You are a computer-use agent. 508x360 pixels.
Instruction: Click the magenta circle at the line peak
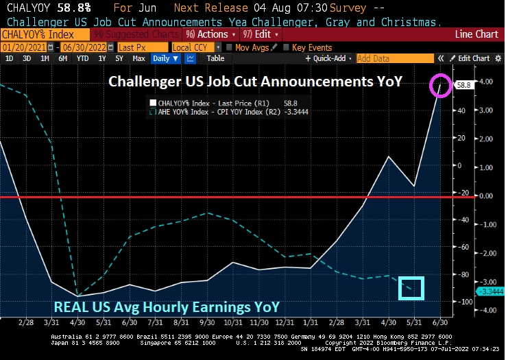440,86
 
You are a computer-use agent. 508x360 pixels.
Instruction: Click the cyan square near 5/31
412,288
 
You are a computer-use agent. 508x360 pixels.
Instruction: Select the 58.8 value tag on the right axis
464,84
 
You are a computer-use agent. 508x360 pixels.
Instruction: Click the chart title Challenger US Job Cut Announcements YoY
255,82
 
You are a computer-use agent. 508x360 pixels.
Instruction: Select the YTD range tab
82,59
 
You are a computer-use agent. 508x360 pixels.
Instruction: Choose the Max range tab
138,59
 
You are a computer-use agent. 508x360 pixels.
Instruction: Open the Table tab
215,59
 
